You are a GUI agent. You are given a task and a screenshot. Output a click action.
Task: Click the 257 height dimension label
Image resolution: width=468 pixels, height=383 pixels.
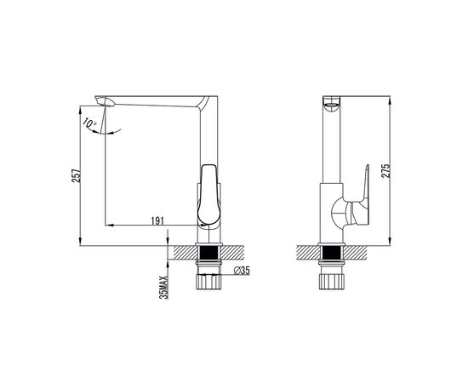[x=77, y=175]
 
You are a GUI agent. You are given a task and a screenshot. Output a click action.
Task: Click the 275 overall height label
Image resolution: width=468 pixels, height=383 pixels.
[x=386, y=171]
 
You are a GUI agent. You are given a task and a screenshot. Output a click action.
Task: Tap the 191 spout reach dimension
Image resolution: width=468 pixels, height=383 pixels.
[x=157, y=221]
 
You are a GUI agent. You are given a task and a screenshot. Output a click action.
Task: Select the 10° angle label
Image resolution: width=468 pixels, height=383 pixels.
[x=89, y=123]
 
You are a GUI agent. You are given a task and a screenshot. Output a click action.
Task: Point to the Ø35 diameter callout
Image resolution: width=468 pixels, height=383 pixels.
[x=242, y=271]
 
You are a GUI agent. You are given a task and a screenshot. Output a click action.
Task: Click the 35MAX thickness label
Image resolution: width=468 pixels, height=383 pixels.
[x=164, y=288]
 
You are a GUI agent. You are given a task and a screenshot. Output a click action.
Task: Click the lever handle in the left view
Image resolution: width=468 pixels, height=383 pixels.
[x=210, y=195]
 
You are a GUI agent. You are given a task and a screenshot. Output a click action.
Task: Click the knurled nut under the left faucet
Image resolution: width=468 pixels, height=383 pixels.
[x=209, y=282]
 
